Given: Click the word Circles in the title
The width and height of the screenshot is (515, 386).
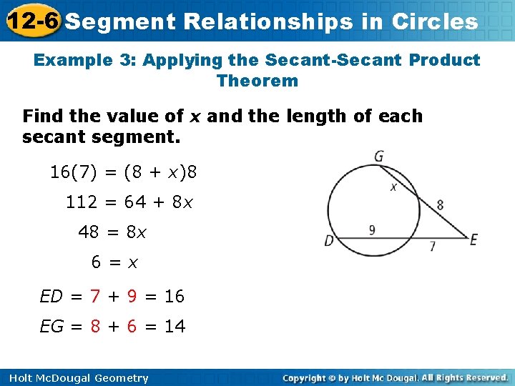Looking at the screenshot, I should tap(435, 21).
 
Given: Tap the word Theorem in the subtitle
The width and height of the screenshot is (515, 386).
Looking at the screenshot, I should tap(257, 81).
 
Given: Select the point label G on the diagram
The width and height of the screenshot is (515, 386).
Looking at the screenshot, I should tap(378, 156).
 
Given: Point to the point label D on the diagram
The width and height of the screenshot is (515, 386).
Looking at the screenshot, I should tap(330, 241).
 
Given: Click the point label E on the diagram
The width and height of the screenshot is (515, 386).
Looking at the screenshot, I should tap(473, 240).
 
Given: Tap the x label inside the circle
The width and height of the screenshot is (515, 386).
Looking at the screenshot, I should tap(393, 188).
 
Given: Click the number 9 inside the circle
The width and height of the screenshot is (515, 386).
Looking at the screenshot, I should tap(372, 230).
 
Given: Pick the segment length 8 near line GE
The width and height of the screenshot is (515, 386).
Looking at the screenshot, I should tap(439, 205).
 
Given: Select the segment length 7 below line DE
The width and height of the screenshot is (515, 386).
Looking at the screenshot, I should tap(432, 247).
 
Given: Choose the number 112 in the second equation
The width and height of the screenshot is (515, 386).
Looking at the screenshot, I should tap(81, 202).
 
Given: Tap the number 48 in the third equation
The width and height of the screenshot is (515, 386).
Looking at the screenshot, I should tap(89, 232).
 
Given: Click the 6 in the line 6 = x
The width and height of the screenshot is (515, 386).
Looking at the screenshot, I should tap(96, 262).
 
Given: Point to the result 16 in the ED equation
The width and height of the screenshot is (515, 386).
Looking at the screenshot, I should tap(174, 296).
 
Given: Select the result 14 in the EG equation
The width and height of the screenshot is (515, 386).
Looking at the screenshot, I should tap(175, 327).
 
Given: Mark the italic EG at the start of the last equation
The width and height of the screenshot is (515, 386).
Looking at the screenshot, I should tap(51, 327).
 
